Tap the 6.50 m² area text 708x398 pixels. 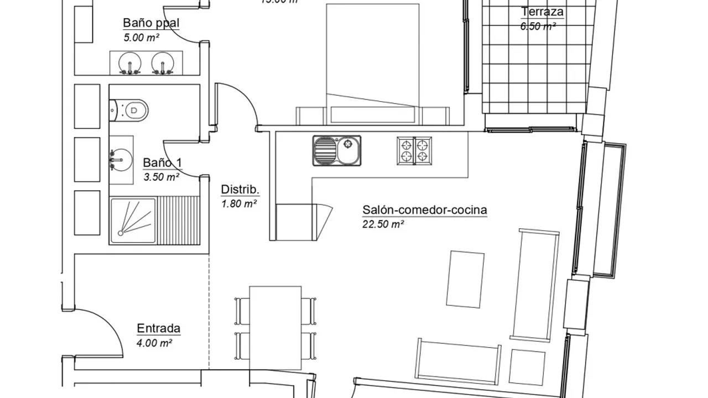(x=538, y=25)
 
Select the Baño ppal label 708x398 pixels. (x=143, y=23)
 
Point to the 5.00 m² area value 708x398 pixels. (x=142, y=38)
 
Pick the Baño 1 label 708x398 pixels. (x=162, y=163)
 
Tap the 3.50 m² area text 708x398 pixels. (x=162, y=177)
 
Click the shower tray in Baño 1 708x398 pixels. (x=133, y=221)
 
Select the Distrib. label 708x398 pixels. (x=240, y=190)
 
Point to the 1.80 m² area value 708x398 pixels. (x=239, y=203)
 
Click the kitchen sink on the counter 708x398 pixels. (x=336, y=151)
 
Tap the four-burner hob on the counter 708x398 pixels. (x=414, y=151)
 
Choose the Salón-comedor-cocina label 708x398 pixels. (x=424, y=210)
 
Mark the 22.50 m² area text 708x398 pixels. (x=383, y=224)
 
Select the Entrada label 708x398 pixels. (x=158, y=329)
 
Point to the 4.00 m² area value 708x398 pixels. (x=154, y=343)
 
